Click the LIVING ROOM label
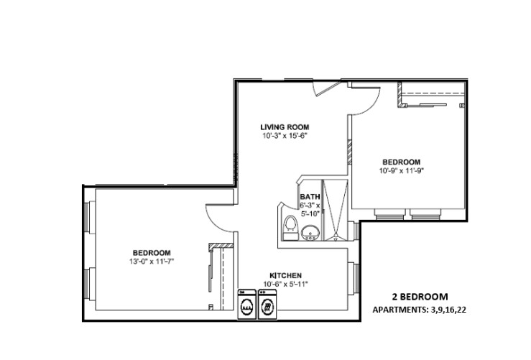tap(285, 127)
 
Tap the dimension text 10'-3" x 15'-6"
tap(285, 135)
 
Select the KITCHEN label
tap(285, 276)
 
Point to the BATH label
tap(310, 196)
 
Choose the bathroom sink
tap(310, 232)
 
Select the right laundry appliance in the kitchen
tap(267, 305)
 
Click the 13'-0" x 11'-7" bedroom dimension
tap(151, 261)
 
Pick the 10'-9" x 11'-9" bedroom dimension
tap(400, 170)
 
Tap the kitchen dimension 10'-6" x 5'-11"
tap(285, 284)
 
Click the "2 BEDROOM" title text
tap(420, 297)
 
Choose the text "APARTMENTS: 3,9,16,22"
tap(423, 310)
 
